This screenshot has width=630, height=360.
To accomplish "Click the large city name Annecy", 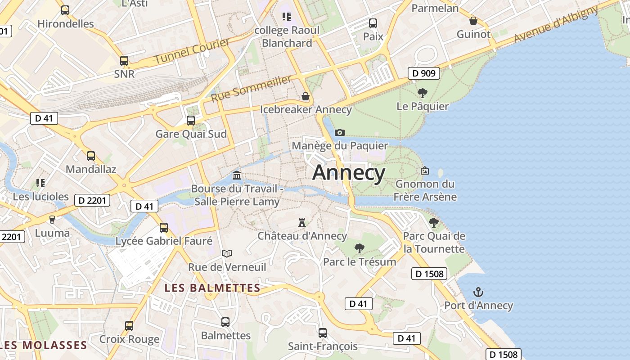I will pos(349,173).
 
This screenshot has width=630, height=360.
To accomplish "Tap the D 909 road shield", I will pos(424,73).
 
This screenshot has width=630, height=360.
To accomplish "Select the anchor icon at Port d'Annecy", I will pos(478,292).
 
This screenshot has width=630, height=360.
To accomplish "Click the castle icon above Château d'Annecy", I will pos(302,222).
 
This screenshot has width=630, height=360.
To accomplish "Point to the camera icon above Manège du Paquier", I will pos(340,132).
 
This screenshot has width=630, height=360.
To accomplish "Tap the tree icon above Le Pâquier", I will pos(422,93).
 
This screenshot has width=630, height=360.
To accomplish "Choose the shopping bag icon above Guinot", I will pos(473,21).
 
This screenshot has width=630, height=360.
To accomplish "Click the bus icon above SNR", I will pos(124,61).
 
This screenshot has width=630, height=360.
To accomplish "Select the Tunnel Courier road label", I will pos(192,51).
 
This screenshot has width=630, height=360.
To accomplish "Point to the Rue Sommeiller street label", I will pos(251,89).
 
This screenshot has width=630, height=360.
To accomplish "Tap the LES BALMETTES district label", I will pos(212,288).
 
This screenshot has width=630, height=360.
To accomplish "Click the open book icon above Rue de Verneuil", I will pos(227,254).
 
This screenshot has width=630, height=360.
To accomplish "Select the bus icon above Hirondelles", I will pos(65,10).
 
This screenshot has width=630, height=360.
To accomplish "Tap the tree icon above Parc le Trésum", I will pos(359,248).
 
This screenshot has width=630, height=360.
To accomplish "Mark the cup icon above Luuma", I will pos(52,220).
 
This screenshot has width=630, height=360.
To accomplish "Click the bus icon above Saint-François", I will pos(323,333).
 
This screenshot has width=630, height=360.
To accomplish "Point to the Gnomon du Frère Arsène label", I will pos(425,190).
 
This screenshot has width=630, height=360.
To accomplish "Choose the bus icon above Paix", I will pos(373,23).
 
